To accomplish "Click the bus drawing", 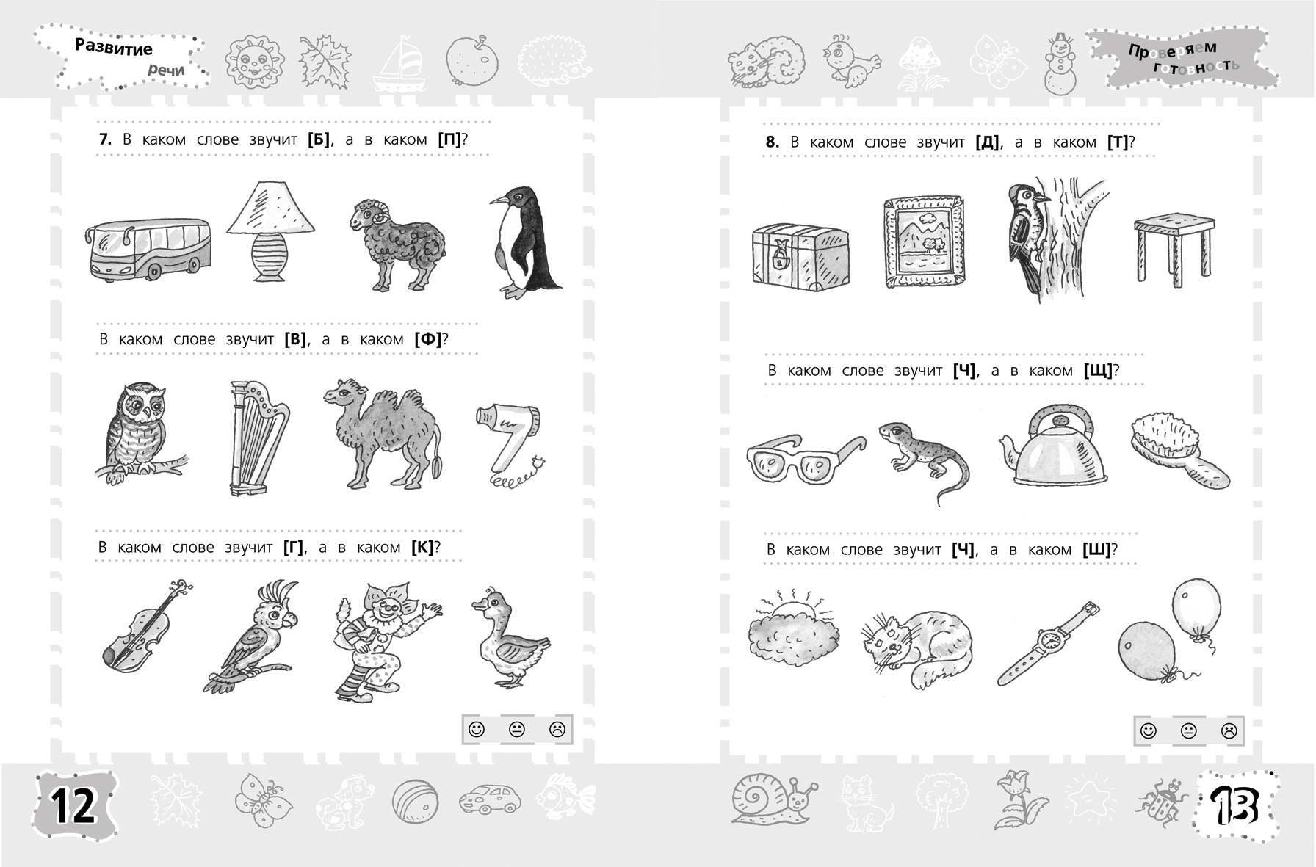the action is (148, 249).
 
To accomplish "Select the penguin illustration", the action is (523, 242).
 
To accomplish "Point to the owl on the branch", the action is (140, 433).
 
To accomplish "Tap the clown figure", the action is (386, 639).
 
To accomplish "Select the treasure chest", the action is (800, 257).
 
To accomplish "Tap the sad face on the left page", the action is (557, 730).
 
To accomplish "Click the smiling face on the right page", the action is (1149, 730).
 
